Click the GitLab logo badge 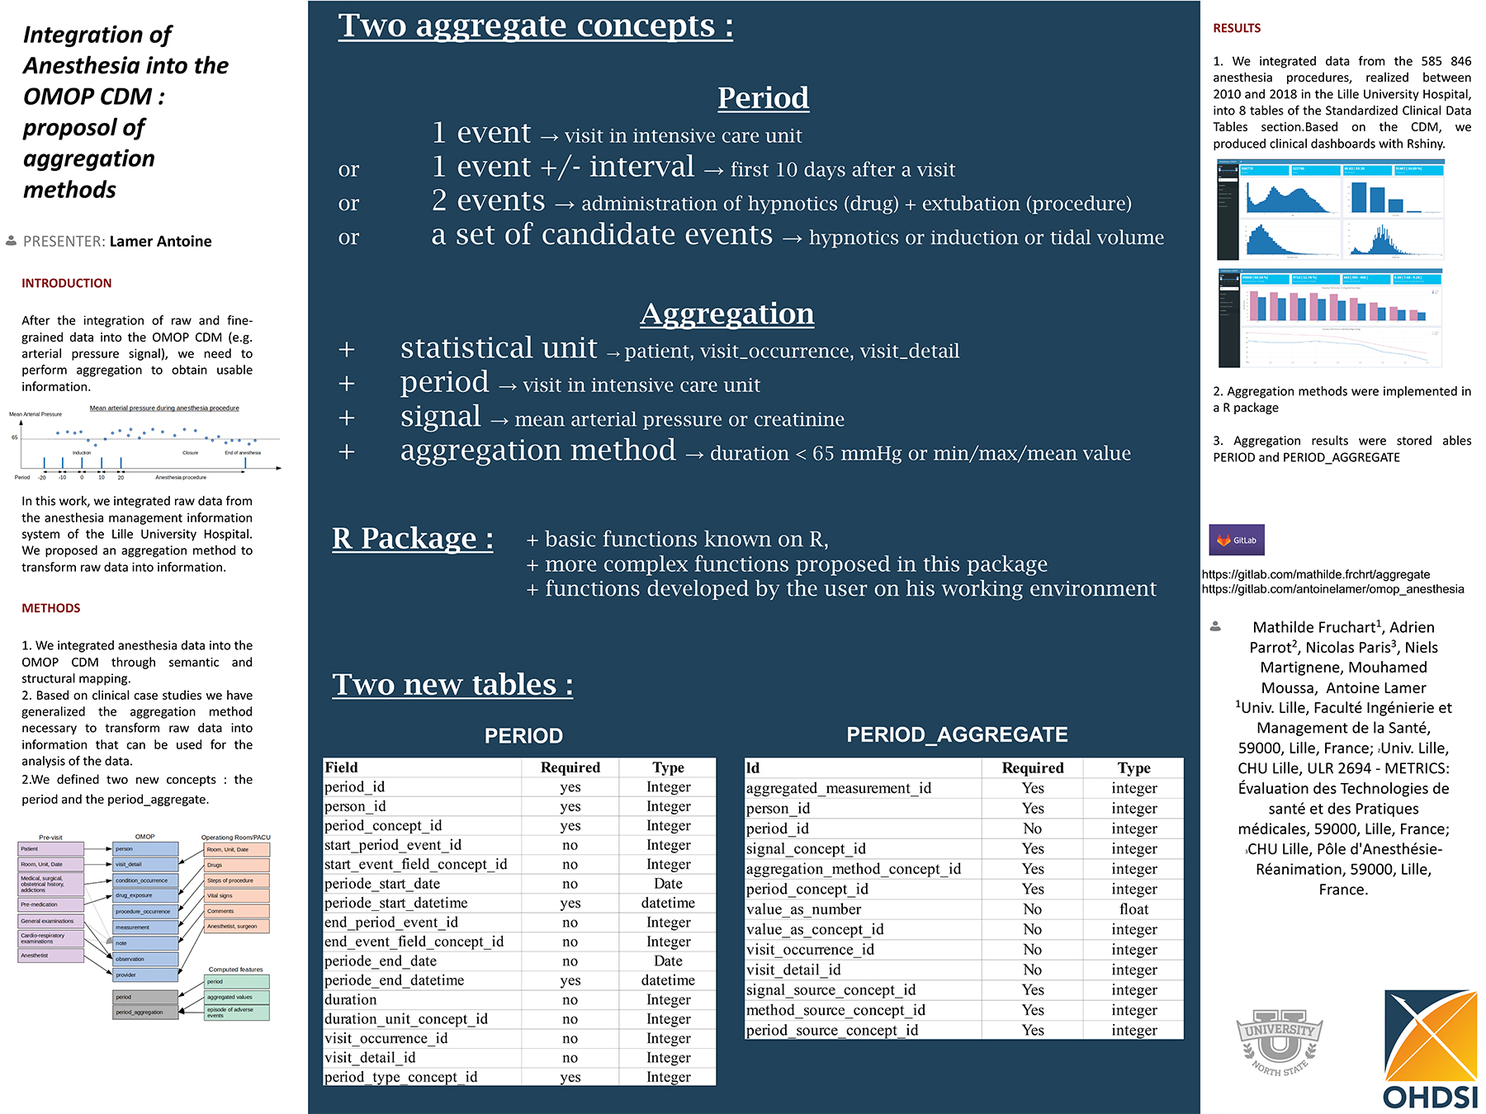(1236, 540)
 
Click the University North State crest (1279, 1042)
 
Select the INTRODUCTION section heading (66, 283)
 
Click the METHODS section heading (51, 608)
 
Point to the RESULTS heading (1236, 28)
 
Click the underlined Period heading (763, 97)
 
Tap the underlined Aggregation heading (726, 314)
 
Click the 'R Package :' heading (413, 538)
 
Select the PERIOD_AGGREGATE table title (957, 734)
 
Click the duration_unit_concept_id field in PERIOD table (406, 1019)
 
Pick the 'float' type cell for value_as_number (1133, 909)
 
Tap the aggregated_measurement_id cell (838, 788)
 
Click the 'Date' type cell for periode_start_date (668, 884)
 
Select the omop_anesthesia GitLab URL (1332, 589)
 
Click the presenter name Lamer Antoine (160, 241)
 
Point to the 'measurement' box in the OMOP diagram (144, 928)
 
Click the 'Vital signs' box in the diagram (236, 895)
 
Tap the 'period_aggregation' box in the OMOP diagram (144, 1012)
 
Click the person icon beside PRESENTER (11, 241)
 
